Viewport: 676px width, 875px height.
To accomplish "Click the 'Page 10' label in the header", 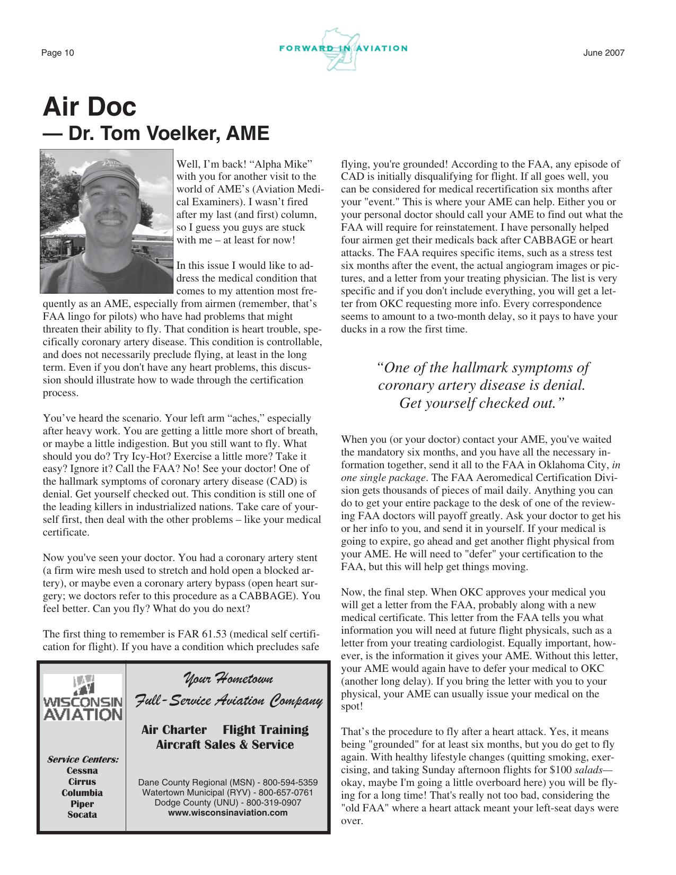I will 58,53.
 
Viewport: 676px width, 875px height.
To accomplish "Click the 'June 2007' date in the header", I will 604,53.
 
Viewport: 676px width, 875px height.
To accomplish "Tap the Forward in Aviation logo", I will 343,49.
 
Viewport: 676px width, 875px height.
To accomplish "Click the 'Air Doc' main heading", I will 89,107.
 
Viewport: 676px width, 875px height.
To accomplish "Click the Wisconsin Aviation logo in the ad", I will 82,697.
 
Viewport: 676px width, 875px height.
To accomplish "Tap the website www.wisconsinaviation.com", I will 228,812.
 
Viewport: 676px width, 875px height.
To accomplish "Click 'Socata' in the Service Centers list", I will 82,815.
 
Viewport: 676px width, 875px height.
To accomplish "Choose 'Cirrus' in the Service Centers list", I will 82,782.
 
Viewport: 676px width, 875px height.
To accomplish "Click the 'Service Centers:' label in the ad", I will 83,759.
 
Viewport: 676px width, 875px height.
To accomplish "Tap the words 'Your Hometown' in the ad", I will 228,678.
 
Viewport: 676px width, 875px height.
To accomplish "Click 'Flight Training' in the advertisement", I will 266,730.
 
